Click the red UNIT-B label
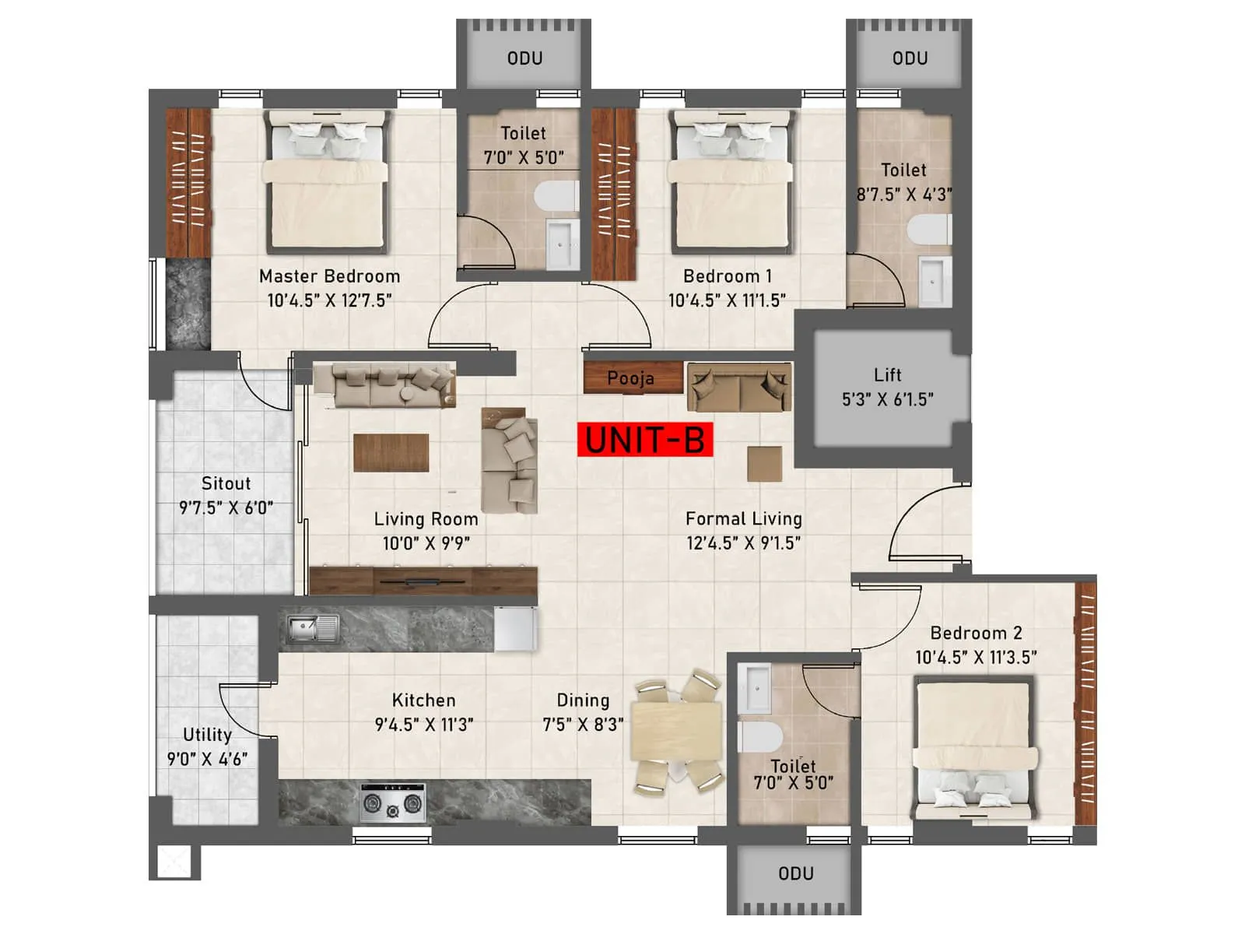coord(645,440)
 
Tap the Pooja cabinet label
coord(631,378)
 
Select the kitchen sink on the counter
coord(312,628)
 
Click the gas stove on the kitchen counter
coord(394,802)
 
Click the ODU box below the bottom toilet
coord(795,873)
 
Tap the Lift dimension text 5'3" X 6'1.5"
coord(887,399)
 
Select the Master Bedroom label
coord(329,276)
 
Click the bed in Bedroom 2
coord(975,747)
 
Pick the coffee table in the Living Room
coord(391,452)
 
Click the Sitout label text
coord(226,483)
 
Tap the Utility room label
coord(207,735)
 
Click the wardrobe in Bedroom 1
coord(614,194)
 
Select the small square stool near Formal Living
coord(764,464)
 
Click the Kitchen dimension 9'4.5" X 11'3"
coord(424,725)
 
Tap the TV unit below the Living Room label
coord(423,581)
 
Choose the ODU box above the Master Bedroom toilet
coord(524,58)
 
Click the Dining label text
coord(583,700)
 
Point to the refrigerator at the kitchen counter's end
coord(515,628)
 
